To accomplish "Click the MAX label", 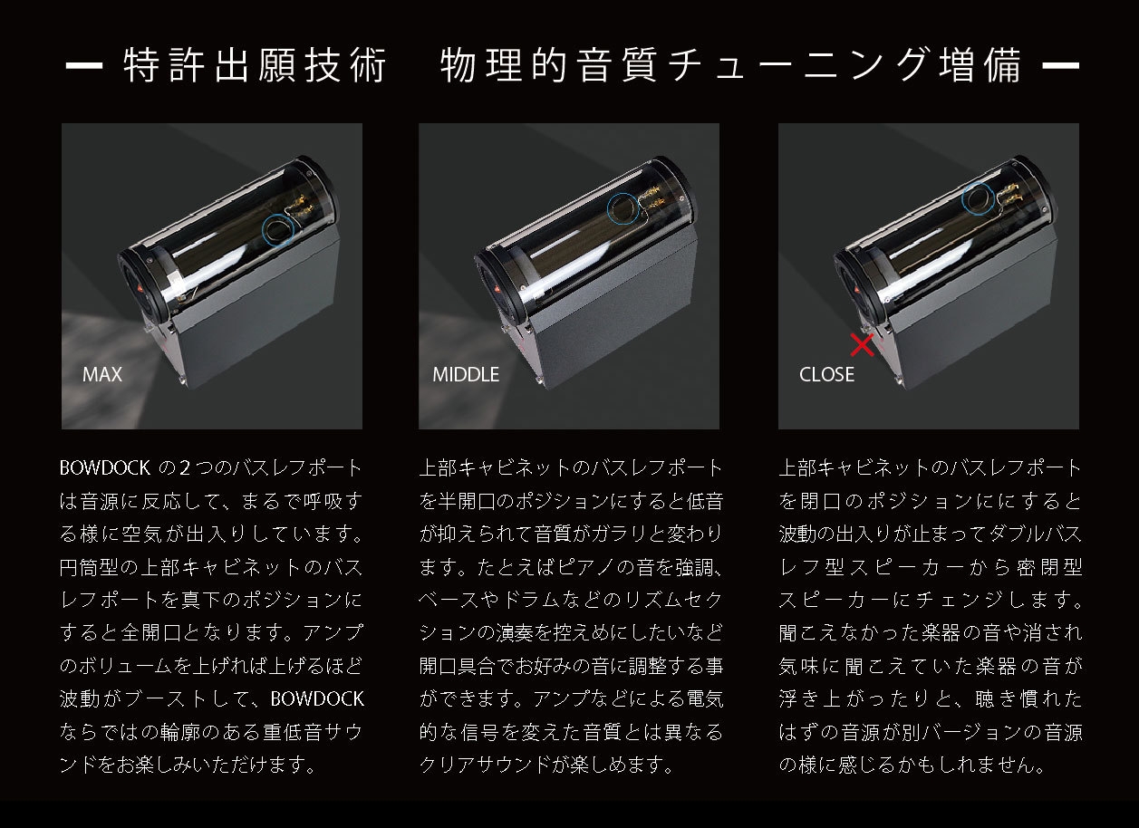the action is [102, 375].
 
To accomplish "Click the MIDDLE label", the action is [466, 375].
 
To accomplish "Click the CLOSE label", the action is [826, 375].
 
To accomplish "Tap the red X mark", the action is [862, 345].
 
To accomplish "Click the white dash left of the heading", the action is [84, 65].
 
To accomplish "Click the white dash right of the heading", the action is [1061, 65].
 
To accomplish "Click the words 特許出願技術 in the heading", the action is [255, 65].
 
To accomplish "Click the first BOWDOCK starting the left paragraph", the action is [105, 468].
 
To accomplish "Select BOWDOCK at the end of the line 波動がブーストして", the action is [317, 698].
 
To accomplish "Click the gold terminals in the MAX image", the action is [303, 206].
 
